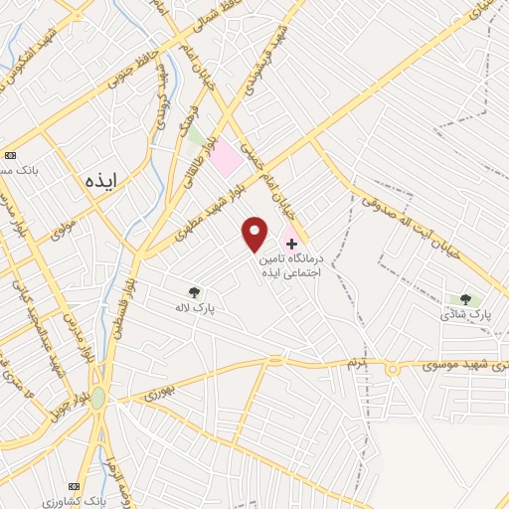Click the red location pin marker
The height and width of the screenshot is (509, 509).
pyautogui.click(x=254, y=233)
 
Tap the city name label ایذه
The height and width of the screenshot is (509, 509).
pyautogui.click(x=101, y=180)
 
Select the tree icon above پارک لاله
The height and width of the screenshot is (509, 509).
pyautogui.click(x=194, y=292)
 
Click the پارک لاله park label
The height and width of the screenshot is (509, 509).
pyautogui.click(x=198, y=309)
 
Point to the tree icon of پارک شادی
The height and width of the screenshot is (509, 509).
pyautogui.click(x=464, y=298)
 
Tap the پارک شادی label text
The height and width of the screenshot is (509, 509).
pyautogui.click(x=466, y=314)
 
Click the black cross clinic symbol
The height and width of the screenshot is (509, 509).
pyautogui.click(x=291, y=244)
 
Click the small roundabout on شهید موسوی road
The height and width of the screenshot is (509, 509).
pyautogui.click(x=393, y=369)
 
